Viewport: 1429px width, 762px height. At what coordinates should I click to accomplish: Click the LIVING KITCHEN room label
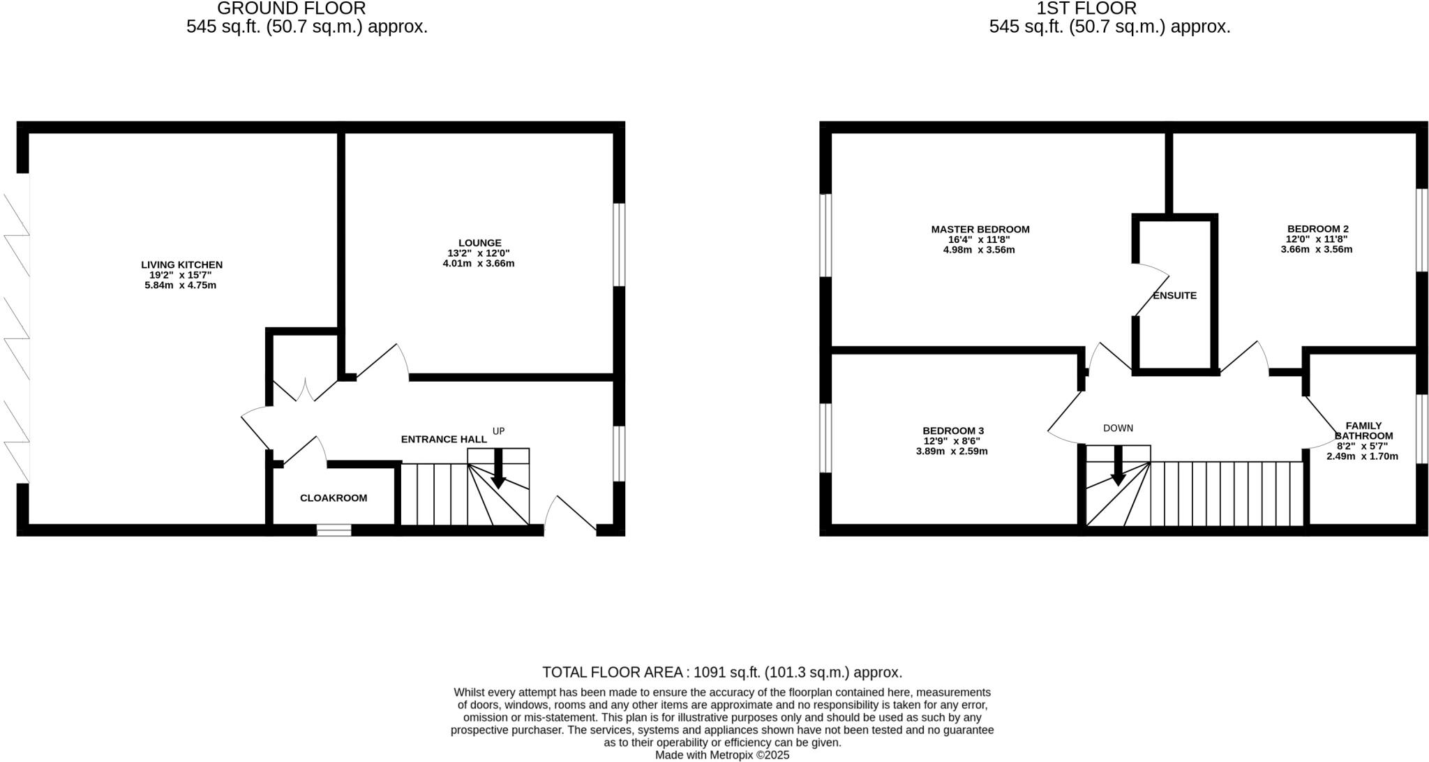click(x=181, y=264)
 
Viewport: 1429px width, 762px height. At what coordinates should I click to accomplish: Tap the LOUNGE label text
click(x=479, y=243)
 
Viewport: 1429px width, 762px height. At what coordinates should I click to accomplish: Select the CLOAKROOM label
click(x=334, y=498)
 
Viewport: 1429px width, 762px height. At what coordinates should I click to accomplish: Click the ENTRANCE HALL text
click(x=444, y=439)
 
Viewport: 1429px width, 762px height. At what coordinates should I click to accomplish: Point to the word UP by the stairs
click(x=498, y=431)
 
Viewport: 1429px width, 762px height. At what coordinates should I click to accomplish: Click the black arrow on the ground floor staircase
click(x=498, y=470)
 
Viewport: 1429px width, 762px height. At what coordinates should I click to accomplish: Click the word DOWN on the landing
click(x=1118, y=428)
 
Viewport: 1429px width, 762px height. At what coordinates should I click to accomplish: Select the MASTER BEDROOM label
click(x=980, y=229)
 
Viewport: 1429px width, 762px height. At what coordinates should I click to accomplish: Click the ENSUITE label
click(x=1174, y=295)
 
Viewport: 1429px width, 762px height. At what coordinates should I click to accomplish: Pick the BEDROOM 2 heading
click(x=1317, y=228)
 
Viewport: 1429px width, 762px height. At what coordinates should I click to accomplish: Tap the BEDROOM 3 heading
click(x=952, y=431)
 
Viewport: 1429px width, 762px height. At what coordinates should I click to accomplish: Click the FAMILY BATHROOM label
click(x=1363, y=431)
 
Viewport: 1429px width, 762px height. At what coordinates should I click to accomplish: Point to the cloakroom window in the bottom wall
click(x=334, y=530)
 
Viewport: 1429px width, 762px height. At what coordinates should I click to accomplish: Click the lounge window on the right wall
click(x=619, y=244)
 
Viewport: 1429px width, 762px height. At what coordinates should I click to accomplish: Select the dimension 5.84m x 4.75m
click(x=180, y=285)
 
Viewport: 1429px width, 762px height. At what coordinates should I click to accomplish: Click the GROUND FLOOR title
click(x=291, y=8)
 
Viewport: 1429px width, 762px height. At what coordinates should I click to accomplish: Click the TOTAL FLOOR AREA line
click(x=722, y=672)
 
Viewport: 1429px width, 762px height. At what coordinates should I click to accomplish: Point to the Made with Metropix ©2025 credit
click(x=722, y=755)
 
